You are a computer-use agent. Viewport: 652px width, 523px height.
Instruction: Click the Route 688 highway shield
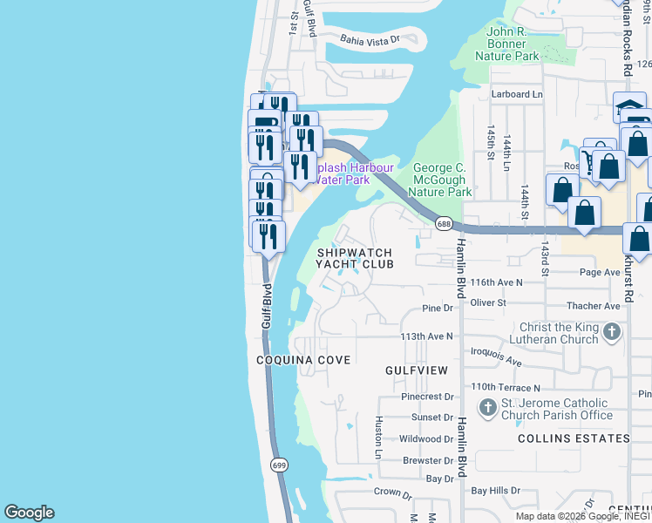click(x=444, y=224)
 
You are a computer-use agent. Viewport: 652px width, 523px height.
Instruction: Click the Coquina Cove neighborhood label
click(x=303, y=360)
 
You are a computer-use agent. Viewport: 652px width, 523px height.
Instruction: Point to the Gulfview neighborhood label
click(x=417, y=370)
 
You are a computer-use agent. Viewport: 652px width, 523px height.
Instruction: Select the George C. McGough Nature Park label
click(x=440, y=179)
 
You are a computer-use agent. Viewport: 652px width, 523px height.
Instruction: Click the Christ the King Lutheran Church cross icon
click(x=612, y=331)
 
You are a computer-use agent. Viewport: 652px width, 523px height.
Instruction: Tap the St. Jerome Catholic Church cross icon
click(x=486, y=405)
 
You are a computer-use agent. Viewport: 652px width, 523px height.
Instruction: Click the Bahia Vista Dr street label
click(x=370, y=39)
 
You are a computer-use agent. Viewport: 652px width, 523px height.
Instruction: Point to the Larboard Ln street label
click(x=516, y=94)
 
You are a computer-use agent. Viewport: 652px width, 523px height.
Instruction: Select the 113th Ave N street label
click(x=427, y=336)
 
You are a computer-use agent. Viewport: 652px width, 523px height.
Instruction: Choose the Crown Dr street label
click(x=392, y=492)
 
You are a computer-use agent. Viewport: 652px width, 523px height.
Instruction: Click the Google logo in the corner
click(x=29, y=513)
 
